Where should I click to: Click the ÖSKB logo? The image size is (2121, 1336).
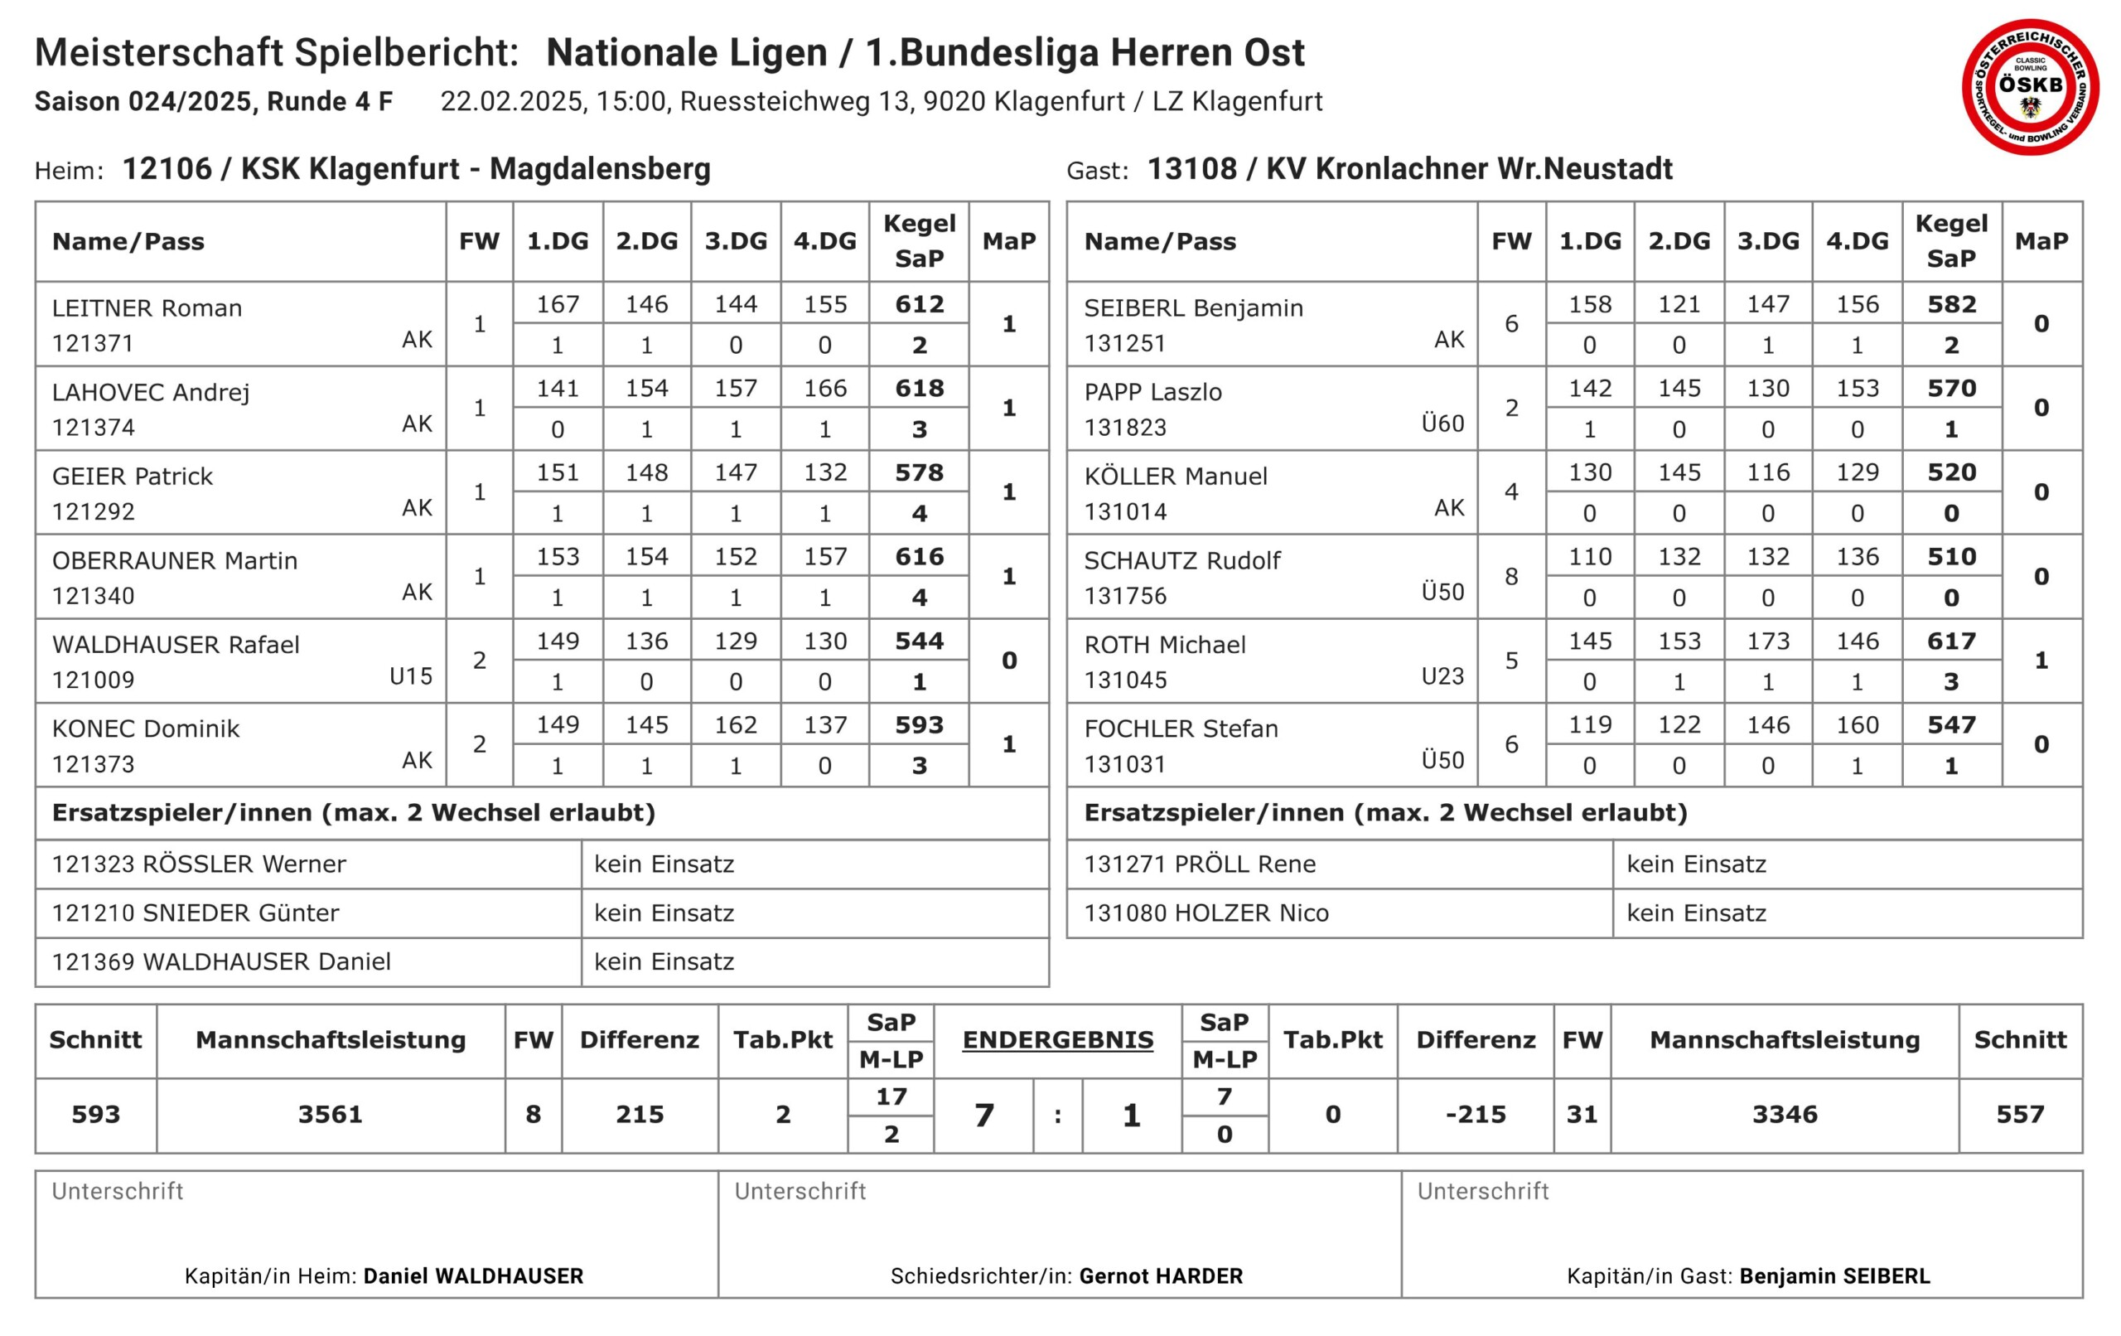coord(2029,86)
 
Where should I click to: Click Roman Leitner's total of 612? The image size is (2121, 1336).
coord(919,304)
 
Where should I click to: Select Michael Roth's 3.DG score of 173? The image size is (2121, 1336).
coord(1768,641)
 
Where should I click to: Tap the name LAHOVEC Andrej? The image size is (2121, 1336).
coord(151,392)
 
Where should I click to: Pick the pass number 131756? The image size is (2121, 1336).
coord(1125,597)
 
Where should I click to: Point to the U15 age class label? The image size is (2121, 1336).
coord(410,676)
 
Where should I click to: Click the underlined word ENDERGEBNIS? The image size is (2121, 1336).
coord(1057,1040)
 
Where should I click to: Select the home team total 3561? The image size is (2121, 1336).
coord(331,1115)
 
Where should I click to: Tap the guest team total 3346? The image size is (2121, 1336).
coord(1785,1115)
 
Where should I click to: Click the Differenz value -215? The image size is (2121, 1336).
coord(1476,1115)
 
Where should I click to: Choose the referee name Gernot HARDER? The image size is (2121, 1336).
coord(1161,1276)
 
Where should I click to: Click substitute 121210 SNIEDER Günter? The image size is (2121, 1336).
coord(195,913)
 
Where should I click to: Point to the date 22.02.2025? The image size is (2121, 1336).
coord(511,101)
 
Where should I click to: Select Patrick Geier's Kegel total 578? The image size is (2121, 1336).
coord(919,472)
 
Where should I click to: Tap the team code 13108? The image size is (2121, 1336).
coord(1191,168)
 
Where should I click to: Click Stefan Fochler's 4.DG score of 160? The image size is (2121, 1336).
coord(1857,725)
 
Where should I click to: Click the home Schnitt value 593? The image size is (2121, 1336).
coord(95,1115)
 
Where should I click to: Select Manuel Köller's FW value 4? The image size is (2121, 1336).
coord(1511,491)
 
